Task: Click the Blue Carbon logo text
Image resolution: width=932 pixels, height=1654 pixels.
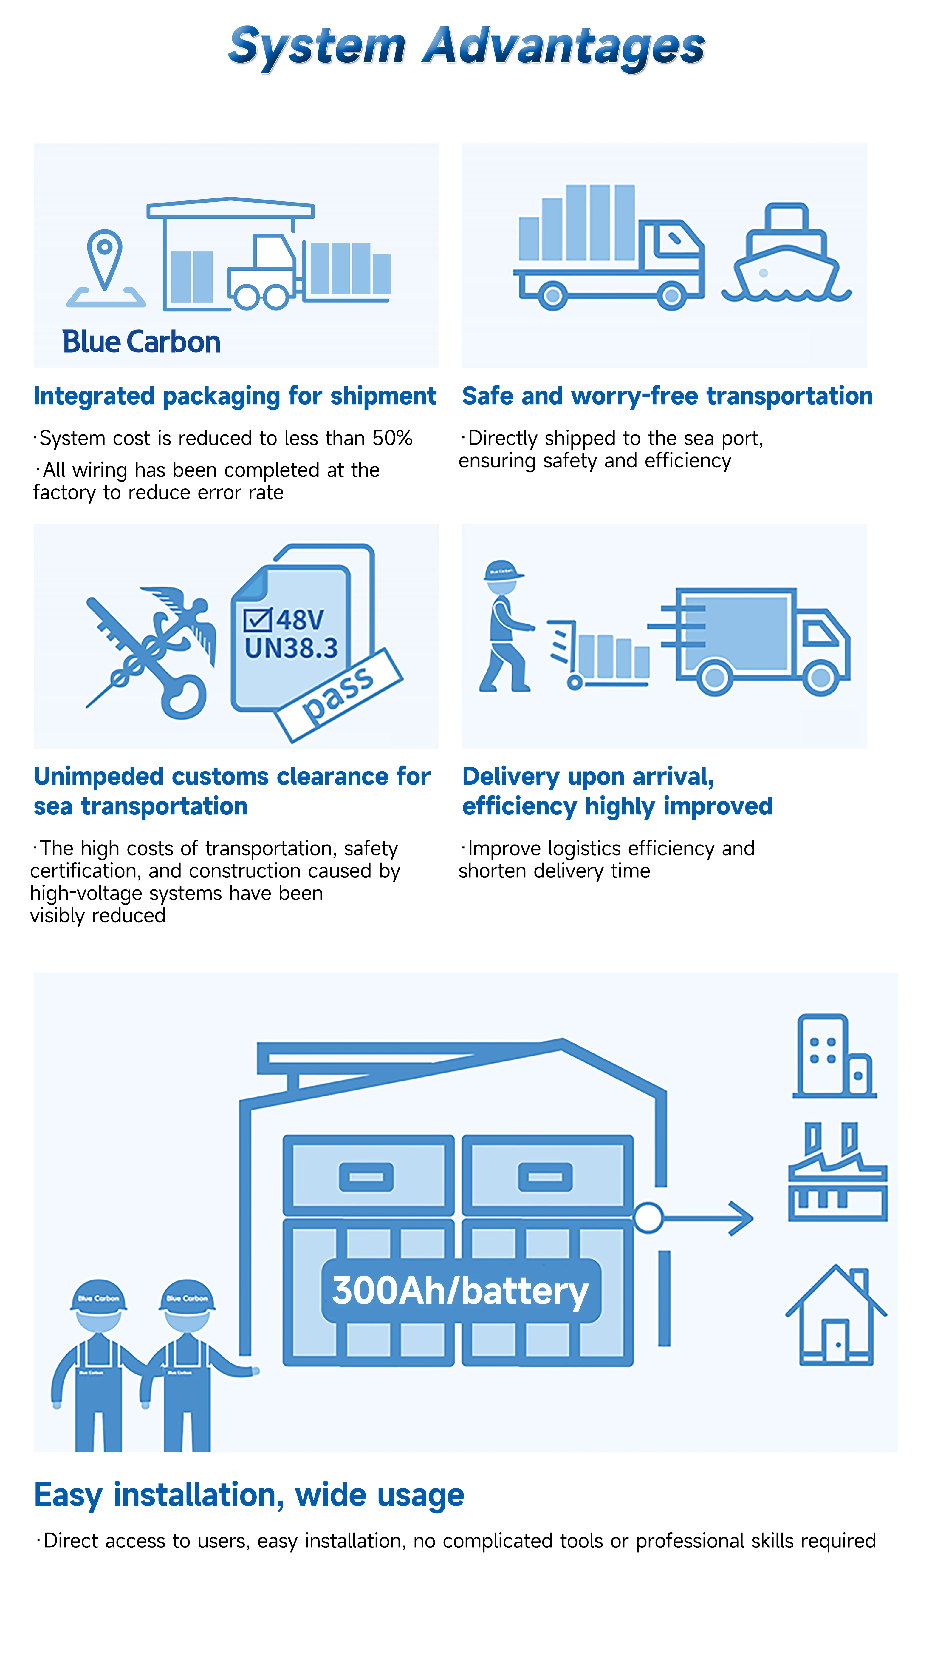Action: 141,342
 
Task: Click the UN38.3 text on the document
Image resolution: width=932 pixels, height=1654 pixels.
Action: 291,649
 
